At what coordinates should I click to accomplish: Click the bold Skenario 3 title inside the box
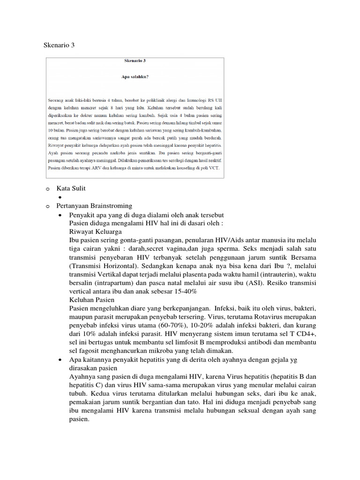[x=135, y=61]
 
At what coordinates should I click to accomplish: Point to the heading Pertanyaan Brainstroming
[x=94, y=206]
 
